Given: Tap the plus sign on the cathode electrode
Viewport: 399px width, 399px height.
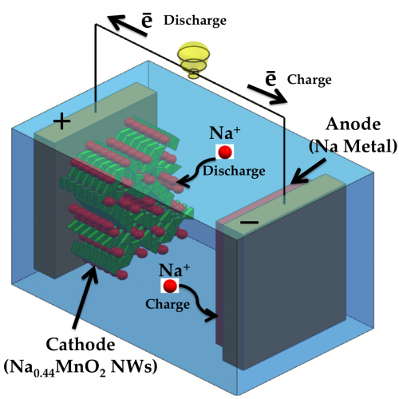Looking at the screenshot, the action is pyautogui.click(x=62, y=121).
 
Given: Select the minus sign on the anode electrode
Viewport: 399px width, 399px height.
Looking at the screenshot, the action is pyautogui.click(x=249, y=222).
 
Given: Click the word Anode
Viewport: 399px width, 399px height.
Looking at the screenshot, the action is pyautogui.click(x=353, y=124).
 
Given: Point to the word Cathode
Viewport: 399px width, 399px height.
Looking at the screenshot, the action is pyautogui.click(x=81, y=344).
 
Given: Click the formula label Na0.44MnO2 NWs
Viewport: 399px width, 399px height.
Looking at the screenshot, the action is pyautogui.click(x=81, y=367).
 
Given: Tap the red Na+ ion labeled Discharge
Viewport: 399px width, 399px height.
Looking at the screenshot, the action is pyautogui.click(x=225, y=152).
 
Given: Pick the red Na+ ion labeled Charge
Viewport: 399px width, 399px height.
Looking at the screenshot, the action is pyautogui.click(x=170, y=286).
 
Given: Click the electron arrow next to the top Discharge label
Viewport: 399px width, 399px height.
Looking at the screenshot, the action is pyautogui.click(x=127, y=26).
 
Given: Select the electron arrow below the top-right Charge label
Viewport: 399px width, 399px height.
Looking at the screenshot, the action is pyautogui.click(x=267, y=94).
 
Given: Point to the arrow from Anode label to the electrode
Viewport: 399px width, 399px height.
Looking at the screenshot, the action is pyautogui.click(x=308, y=172).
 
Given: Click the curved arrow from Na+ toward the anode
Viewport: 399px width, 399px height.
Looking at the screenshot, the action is pyautogui.click(x=199, y=302).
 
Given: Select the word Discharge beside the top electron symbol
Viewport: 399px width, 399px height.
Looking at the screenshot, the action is pyautogui.click(x=195, y=21).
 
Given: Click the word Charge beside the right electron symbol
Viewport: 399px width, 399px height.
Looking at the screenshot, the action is pyautogui.click(x=310, y=80).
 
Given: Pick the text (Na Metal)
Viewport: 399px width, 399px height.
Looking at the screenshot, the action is pyautogui.click(x=353, y=146).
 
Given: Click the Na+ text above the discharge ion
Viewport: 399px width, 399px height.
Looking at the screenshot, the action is pyautogui.click(x=225, y=133).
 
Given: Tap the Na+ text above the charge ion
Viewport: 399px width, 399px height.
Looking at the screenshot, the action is pyautogui.click(x=175, y=271).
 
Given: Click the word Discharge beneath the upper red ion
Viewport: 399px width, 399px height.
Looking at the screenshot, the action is pyautogui.click(x=234, y=172).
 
